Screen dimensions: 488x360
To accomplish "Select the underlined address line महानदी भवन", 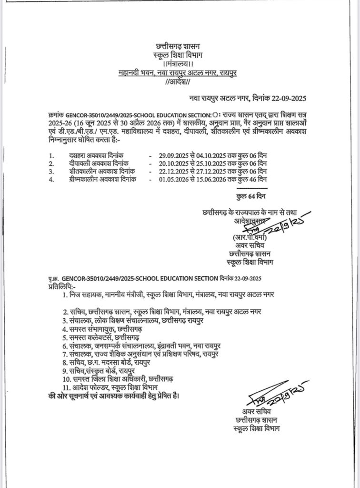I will point(178,73).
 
